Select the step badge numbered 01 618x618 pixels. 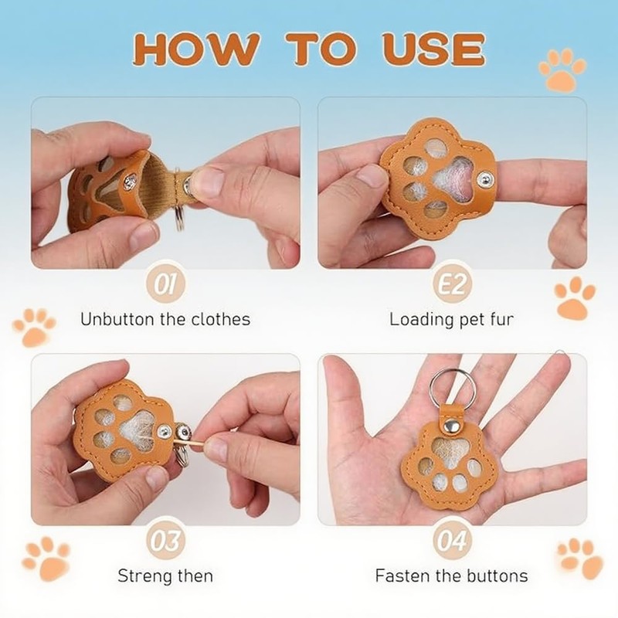pyautogui.click(x=165, y=284)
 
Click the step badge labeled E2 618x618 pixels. pyautogui.click(x=452, y=284)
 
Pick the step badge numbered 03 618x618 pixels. pyautogui.click(x=165, y=540)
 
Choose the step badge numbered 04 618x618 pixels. pyautogui.click(x=452, y=540)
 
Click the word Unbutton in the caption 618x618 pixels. pyautogui.click(x=118, y=319)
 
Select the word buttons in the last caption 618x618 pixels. pyautogui.click(x=497, y=576)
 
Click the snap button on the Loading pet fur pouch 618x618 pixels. pyautogui.click(x=486, y=180)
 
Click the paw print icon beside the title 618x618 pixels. pyautogui.click(x=562, y=70)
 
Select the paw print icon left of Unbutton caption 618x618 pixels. pyautogui.click(x=34, y=328)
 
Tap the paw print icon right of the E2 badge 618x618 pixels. pyautogui.click(x=575, y=298)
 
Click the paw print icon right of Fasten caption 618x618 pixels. pyautogui.click(x=580, y=559)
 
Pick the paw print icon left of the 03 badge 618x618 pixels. pyautogui.click(x=46, y=559)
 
